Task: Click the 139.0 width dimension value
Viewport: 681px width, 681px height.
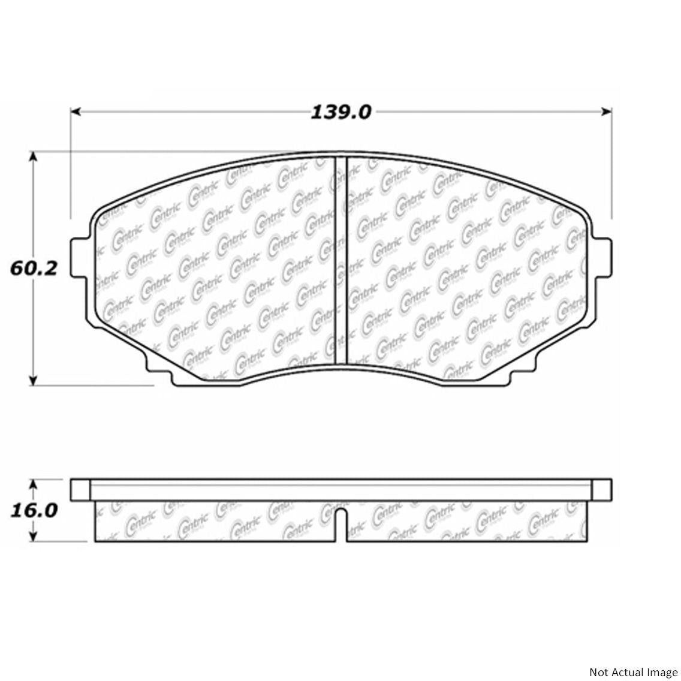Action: click(x=341, y=112)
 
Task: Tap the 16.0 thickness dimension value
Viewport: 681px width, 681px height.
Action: click(x=34, y=510)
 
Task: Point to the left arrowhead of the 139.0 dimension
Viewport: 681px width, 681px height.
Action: click(x=76, y=112)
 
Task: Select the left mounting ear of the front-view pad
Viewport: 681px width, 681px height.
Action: click(x=80, y=258)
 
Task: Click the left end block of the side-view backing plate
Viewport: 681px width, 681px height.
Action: click(x=80, y=489)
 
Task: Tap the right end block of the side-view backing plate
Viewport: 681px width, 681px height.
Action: click(x=602, y=489)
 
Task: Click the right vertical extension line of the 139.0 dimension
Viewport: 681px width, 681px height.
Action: click(x=610, y=168)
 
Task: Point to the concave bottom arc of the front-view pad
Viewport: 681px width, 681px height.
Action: click(x=340, y=367)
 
